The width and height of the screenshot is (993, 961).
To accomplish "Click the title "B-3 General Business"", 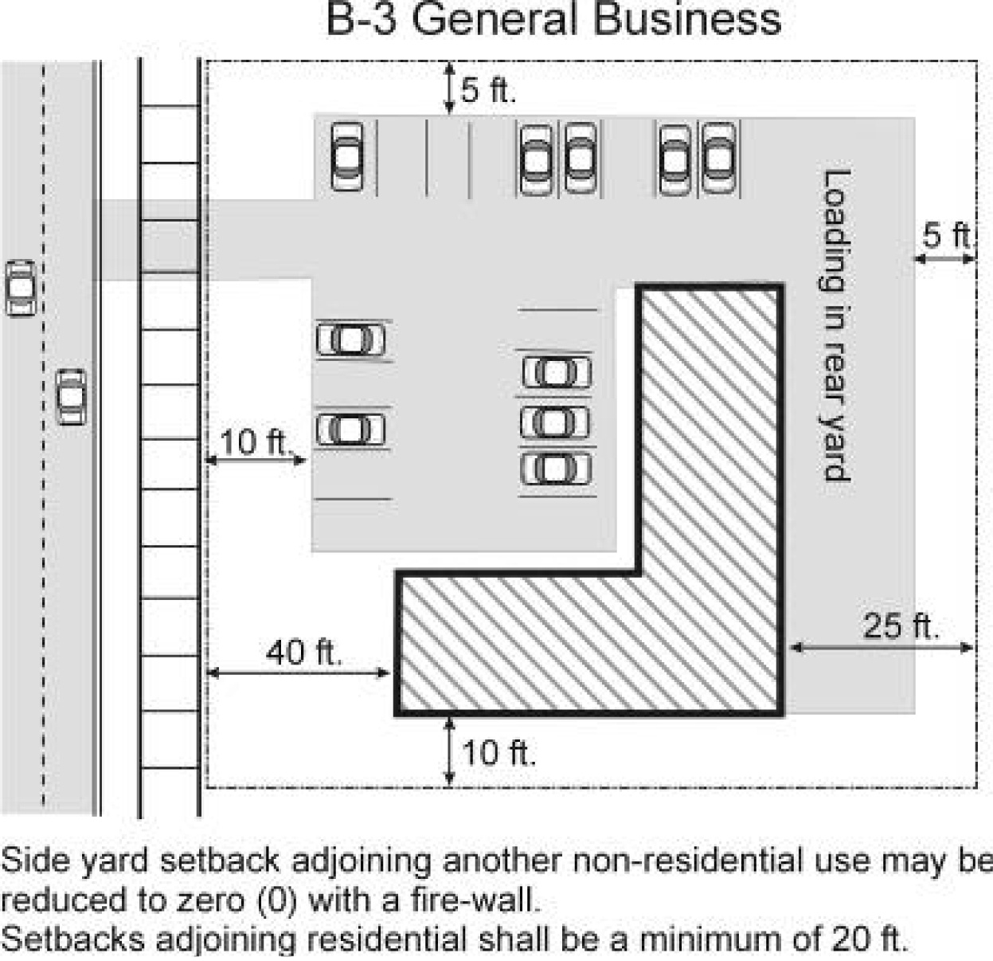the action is coord(553,19).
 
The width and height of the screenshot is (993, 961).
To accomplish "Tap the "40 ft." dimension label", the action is coord(304,653).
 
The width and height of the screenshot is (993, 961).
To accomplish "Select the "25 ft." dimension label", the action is coord(901,626).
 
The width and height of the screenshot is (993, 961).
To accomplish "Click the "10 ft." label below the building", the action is coord(498,752).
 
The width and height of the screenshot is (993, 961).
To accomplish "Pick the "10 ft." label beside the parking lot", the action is coord(253,441).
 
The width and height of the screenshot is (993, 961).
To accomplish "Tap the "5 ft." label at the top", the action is coord(488,90).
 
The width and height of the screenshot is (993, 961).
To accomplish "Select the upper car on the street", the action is coord(21,287).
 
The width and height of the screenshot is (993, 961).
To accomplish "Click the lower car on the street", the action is coord(72,396).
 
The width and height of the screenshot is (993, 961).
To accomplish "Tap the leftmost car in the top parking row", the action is coord(346,156).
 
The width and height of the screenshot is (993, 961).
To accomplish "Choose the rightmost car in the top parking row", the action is coord(718,158).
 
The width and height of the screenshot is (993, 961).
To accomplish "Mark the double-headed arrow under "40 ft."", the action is coord(299,673).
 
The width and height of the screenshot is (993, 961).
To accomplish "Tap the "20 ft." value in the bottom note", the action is coord(870,939).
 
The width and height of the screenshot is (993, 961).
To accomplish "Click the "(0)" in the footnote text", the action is coord(277,900).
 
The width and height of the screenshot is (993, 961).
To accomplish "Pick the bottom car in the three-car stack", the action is coord(557,469).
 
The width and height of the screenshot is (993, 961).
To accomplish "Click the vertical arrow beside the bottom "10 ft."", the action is coord(449,751).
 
